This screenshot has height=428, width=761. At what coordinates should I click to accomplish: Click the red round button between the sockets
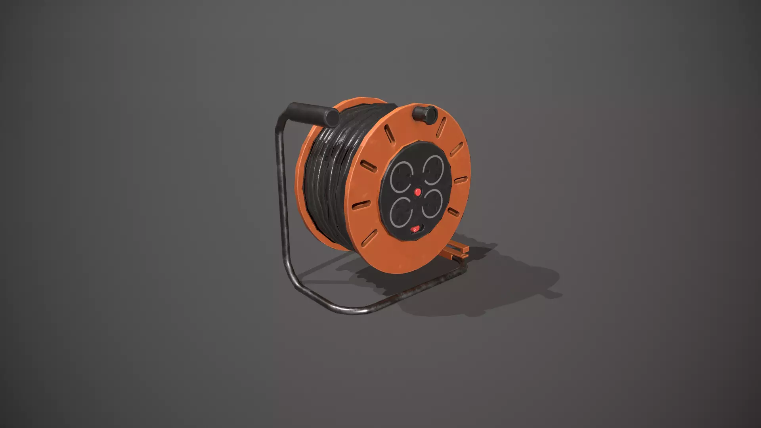tap(417, 192)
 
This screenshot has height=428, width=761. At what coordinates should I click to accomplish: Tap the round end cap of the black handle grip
tap(331, 117)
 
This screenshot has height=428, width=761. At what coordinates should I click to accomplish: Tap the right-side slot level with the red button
tap(460, 181)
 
